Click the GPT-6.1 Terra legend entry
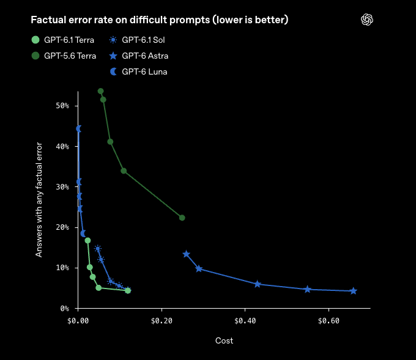[x=62, y=40]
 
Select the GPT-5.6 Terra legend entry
[x=64, y=56]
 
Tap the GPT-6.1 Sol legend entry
[x=137, y=40]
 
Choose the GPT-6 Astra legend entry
[x=139, y=56]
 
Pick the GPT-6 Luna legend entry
[x=138, y=72]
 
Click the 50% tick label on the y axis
[x=62, y=106]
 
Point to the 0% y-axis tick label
[x=64, y=309]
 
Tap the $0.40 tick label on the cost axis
[x=245, y=321]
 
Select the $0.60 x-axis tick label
[x=329, y=321]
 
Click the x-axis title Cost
[x=224, y=340]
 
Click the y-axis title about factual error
[x=39, y=200]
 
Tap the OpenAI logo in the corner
[x=367, y=20]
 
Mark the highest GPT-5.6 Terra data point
[x=100, y=91]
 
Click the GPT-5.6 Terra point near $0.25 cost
[x=182, y=218]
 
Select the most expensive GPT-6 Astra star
[x=354, y=291]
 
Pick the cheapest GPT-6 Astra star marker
[x=187, y=254]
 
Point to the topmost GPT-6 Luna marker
[x=78, y=129]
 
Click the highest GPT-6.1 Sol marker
[x=98, y=249]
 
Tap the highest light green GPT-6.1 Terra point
[x=87, y=240]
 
